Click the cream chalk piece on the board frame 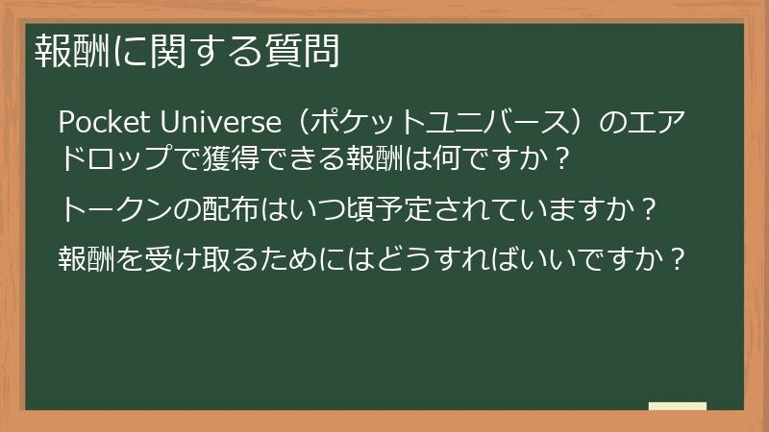coord(677,407)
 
